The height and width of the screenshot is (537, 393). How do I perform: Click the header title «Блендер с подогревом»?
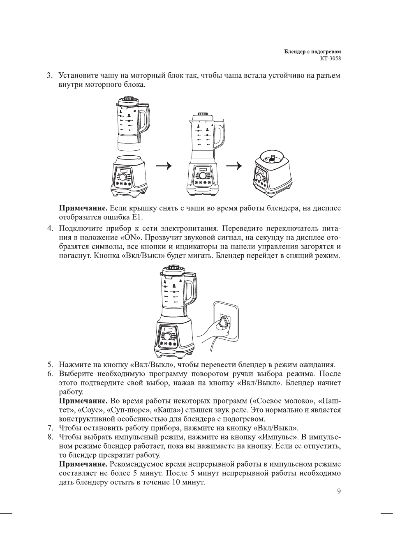pos(312,52)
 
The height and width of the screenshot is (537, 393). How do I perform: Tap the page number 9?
pos(339,491)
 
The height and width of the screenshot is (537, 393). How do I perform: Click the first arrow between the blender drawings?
pos(164,166)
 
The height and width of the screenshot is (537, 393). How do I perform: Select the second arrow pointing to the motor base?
pos(234,166)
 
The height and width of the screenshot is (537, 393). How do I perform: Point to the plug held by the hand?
pos(224,321)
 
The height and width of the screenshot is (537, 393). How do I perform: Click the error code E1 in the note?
pos(136,217)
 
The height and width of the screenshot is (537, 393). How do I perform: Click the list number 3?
pos(49,76)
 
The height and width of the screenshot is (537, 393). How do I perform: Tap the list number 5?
pos(49,364)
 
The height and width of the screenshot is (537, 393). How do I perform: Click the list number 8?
pos(49,437)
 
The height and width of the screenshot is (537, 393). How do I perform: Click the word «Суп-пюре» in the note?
pos(130,410)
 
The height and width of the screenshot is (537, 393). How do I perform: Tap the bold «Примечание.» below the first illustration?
pos(83,208)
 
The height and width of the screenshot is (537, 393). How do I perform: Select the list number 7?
pos(49,428)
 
